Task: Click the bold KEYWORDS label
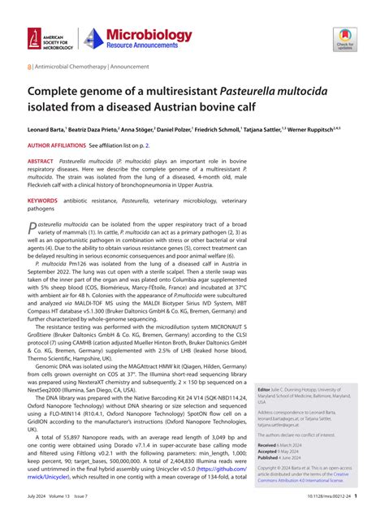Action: click(44, 198)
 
